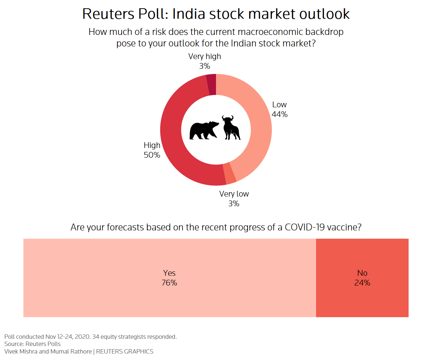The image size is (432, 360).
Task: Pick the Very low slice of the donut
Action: click(x=230, y=174)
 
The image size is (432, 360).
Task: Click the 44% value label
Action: click(x=280, y=114)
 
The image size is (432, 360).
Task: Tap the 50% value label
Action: click(x=152, y=155)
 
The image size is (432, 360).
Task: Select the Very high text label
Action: click(x=204, y=57)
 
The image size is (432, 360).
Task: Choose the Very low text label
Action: click(x=234, y=194)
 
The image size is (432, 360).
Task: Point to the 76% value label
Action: click(x=169, y=283)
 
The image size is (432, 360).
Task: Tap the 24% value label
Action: click(x=362, y=283)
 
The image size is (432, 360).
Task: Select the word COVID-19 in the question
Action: click(x=306, y=228)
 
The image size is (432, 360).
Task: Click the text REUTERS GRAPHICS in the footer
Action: click(x=125, y=351)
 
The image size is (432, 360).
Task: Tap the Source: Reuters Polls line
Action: click(x=32, y=344)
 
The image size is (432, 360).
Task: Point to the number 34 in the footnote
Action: click(x=96, y=337)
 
